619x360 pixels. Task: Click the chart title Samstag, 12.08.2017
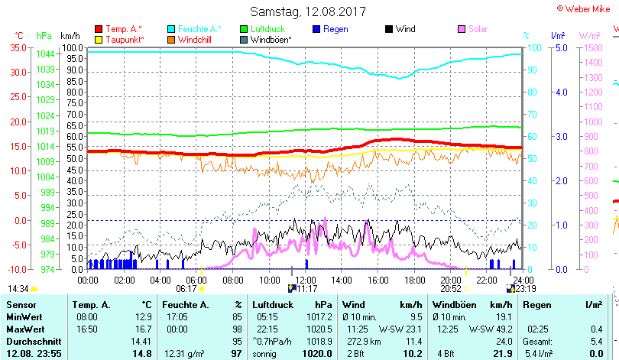tap(308, 12)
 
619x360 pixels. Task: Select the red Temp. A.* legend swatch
tap(99, 29)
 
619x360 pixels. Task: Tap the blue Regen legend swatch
tap(316, 29)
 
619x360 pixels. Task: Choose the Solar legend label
tap(478, 29)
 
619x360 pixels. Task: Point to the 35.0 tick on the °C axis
tap(18, 47)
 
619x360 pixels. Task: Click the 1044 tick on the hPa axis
tap(45, 54)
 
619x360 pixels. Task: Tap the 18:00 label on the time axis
tap(415, 280)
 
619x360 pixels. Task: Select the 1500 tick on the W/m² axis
tap(591, 47)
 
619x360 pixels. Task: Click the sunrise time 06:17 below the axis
tap(186, 289)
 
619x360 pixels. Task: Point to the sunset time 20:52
tap(451, 289)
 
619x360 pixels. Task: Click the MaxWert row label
tap(25, 329)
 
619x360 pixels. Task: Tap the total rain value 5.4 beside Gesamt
tap(596, 341)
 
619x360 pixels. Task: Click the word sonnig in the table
tap(266, 354)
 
